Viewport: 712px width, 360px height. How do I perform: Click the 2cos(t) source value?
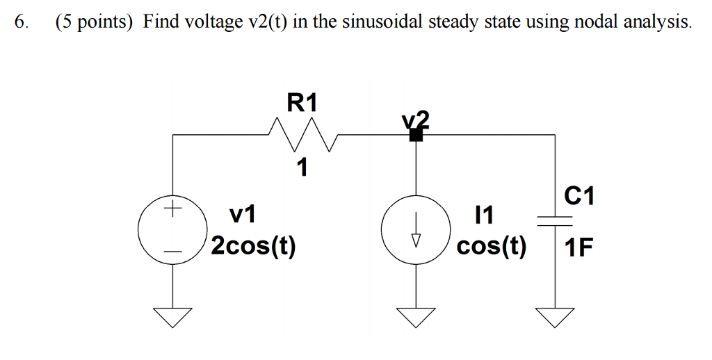(x=253, y=246)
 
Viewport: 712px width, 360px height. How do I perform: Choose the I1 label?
(x=483, y=216)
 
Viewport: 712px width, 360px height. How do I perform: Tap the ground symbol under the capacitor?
(x=554, y=316)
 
